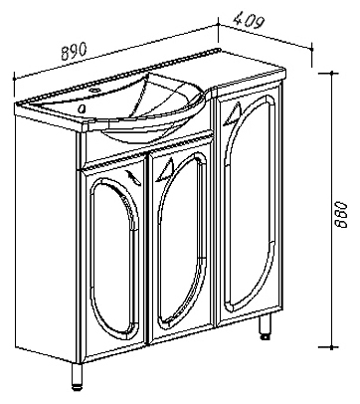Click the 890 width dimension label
coord(74,51)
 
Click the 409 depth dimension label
coord(249,20)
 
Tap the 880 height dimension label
coord(341,214)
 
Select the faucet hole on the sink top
coord(95,90)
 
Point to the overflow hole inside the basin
coord(82,107)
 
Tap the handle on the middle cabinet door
coord(165,170)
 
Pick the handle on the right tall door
coord(233,113)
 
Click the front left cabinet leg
coord(77,376)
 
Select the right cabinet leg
coord(265,326)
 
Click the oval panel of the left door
coord(112,258)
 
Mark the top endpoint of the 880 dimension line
coord(331,73)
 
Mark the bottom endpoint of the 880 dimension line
coord(331,347)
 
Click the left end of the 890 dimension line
coord(14,79)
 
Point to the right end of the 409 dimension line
coord(312,49)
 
